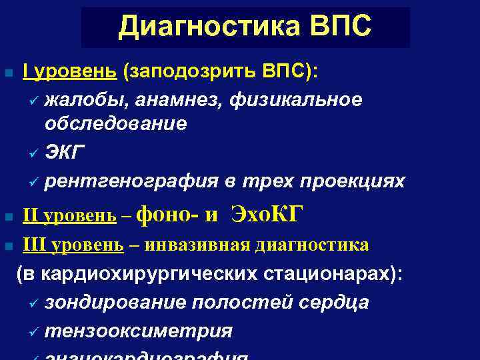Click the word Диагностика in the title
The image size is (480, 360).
[x=203, y=27]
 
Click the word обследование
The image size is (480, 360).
[x=116, y=124]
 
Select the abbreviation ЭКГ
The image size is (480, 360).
[x=65, y=153]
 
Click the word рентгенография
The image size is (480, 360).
[x=131, y=181]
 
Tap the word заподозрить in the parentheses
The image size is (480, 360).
[x=191, y=71]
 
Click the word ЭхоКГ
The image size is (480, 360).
[x=267, y=215]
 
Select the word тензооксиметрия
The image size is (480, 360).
[x=139, y=331]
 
